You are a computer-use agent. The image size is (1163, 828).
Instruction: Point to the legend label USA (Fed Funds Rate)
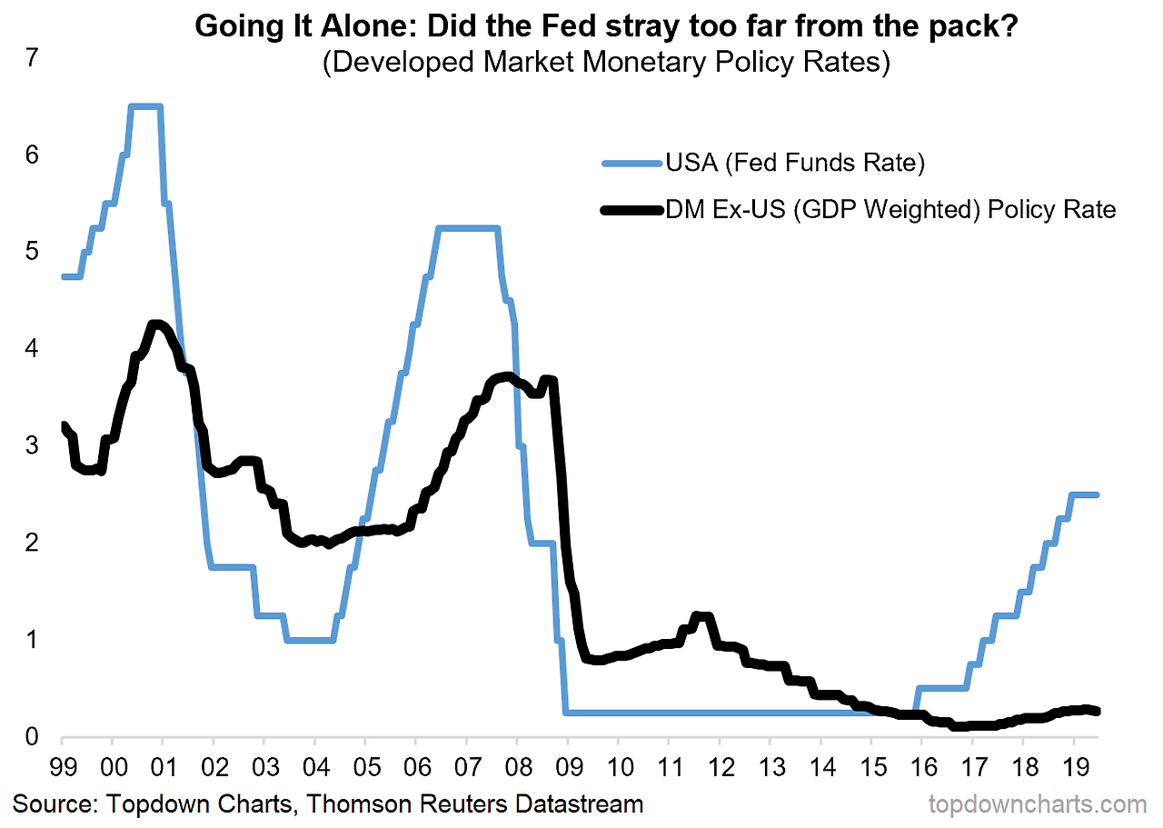[795, 164]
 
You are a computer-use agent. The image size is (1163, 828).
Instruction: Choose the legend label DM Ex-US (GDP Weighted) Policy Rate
[890, 210]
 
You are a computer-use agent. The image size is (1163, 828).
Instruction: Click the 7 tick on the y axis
[33, 58]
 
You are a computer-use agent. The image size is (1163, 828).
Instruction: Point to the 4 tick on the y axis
[33, 349]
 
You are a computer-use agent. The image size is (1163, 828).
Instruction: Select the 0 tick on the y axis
[33, 737]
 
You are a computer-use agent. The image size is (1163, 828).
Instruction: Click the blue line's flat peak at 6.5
[145, 106]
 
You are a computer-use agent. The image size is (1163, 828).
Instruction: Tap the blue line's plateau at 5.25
[468, 228]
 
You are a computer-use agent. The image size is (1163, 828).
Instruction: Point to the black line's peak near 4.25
[156, 324]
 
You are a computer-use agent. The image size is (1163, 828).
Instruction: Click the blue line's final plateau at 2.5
[1084, 494]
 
